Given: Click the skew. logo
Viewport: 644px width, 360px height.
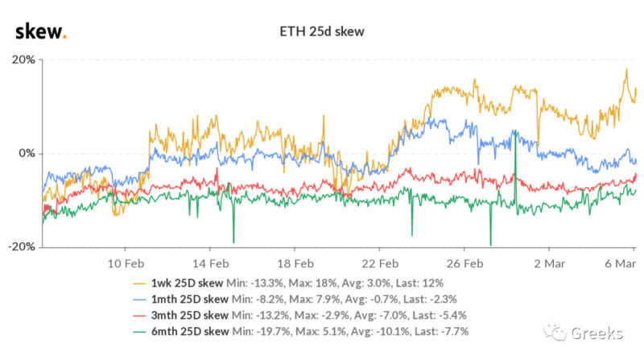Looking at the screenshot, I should pyautogui.click(x=41, y=31).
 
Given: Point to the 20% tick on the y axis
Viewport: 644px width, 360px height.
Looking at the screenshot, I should pyautogui.click(x=23, y=60).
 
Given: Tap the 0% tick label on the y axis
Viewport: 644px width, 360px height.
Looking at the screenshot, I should pyautogui.click(x=26, y=153).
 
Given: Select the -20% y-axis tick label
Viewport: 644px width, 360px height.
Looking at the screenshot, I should pyautogui.click(x=21, y=246).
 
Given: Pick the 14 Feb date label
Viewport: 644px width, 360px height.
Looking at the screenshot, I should pyautogui.click(x=210, y=263).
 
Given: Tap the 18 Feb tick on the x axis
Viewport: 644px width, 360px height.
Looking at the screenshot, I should pyautogui.click(x=295, y=263).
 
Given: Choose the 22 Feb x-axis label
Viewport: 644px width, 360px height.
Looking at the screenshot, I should pyautogui.click(x=380, y=263).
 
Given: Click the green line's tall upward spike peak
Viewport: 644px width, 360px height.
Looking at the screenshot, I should pyautogui.click(x=514, y=130).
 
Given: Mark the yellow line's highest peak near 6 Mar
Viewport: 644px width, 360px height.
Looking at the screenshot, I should pyautogui.click(x=625, y=69).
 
